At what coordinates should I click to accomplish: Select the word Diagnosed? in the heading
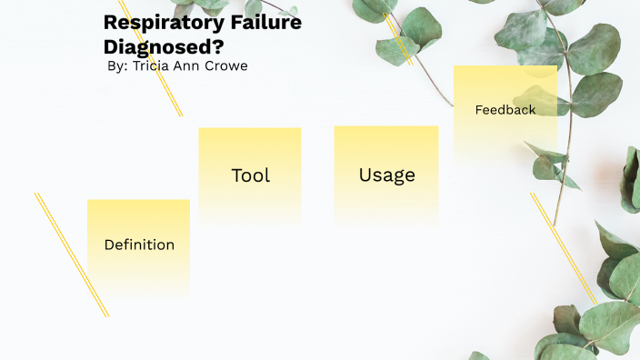click(x=163, y=45)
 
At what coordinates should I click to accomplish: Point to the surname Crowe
click(x=227, y=66)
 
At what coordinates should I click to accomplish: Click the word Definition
click(x=139, y=245)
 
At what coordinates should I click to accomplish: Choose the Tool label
click(x=251, y=175)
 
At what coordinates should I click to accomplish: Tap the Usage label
click(x=386, y=175)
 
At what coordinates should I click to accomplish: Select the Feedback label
click(x=505, y=110)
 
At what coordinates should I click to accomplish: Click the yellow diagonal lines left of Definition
click(x=71, y=255)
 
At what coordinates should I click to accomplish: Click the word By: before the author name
click(x=116, y=66)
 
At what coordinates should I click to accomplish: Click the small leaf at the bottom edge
click(x=479, y=355)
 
